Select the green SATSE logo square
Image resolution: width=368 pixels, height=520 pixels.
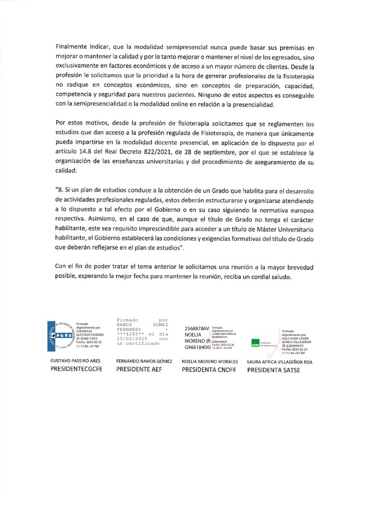point(256,342)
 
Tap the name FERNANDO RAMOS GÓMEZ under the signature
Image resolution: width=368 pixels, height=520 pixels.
point(144,361)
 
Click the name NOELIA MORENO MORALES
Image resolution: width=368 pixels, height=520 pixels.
point(210,361)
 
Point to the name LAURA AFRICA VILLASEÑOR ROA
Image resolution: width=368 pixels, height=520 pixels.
point(280,361)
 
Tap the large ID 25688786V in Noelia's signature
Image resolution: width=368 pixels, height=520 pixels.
point(197,329)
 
